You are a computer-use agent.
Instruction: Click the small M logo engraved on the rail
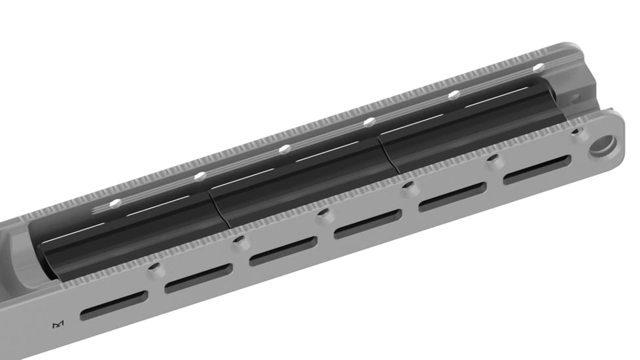click(58, 325)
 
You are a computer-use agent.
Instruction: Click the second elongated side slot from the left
click(198, 279)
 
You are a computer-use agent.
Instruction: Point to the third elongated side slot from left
click(283, 251)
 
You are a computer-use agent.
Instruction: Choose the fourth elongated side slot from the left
click(368, 224)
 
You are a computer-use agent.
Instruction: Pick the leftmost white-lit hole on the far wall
click(115, 204)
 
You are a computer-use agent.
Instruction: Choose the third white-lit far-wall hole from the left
click(284, 149)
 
